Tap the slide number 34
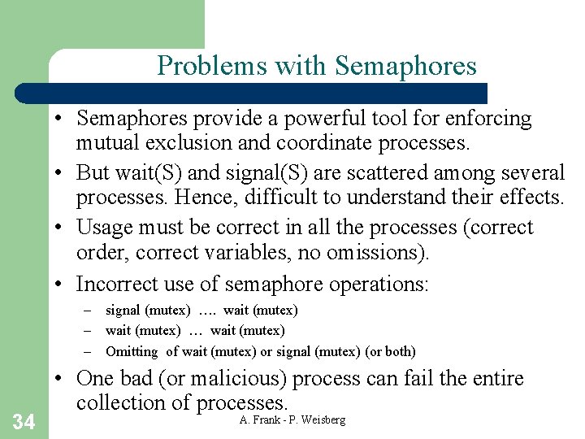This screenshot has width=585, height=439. coord(24,421)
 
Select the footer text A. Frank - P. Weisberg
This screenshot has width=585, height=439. coord(292,419)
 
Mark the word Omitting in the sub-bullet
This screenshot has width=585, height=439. coord(132,352)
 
